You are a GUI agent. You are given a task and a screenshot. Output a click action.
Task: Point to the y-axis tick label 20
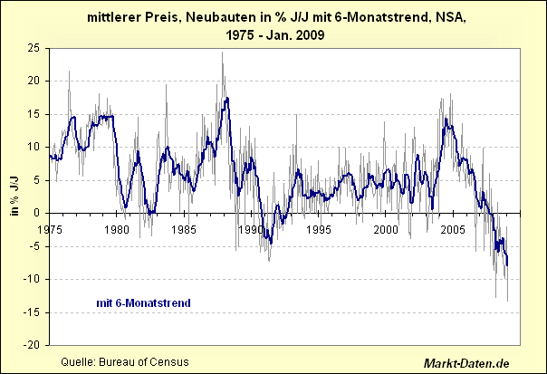pos(34,81)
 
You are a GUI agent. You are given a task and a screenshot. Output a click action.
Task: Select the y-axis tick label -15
pos(33,312)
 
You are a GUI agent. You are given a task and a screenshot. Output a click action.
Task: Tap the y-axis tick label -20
pos(33,345)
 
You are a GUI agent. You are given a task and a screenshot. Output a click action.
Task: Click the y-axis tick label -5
pos(35,246)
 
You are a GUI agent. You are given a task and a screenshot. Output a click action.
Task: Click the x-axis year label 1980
pos(117,228)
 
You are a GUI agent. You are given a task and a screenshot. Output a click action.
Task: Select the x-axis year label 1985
pos(185,228)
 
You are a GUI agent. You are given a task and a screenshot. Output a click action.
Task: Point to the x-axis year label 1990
pos(252,228)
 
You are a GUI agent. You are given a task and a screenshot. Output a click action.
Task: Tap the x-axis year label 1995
pos(319,228)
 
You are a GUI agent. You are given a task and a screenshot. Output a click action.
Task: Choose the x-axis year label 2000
pos(387,228)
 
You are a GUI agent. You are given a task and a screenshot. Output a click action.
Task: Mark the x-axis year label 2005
pos(454,228)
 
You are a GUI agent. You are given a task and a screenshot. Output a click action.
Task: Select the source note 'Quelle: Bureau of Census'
pos(124,362)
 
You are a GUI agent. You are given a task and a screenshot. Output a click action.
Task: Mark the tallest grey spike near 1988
pos(222,53)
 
